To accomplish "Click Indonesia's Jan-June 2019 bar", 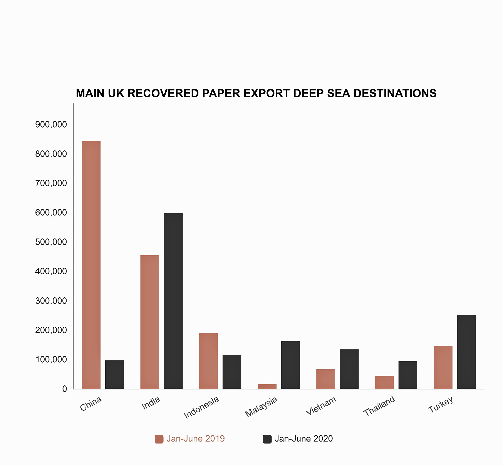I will [208, 361].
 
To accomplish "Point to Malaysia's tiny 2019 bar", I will [267, 387].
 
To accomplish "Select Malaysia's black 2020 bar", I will [290, 365].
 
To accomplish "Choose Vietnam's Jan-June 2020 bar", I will [349, 369].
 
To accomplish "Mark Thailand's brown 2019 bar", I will [384, 382].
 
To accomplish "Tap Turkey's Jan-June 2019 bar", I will [443, 367].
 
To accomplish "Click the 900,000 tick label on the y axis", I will [51, 124].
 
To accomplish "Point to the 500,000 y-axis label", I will [51, 242].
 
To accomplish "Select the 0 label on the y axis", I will [65, 389].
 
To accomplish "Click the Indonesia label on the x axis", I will [201, 408].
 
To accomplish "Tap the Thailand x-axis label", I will [379, 406].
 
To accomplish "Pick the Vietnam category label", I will [321, 406].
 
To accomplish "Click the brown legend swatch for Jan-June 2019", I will [159, 439].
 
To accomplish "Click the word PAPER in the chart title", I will [221, 93].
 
